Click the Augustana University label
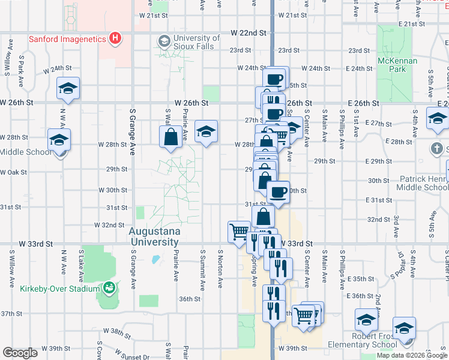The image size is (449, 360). tap(154, 236)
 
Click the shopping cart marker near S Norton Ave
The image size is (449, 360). tap(239, 231)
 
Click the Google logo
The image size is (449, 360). tap(20, 353)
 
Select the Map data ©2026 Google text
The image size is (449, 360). tap(412, 355)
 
